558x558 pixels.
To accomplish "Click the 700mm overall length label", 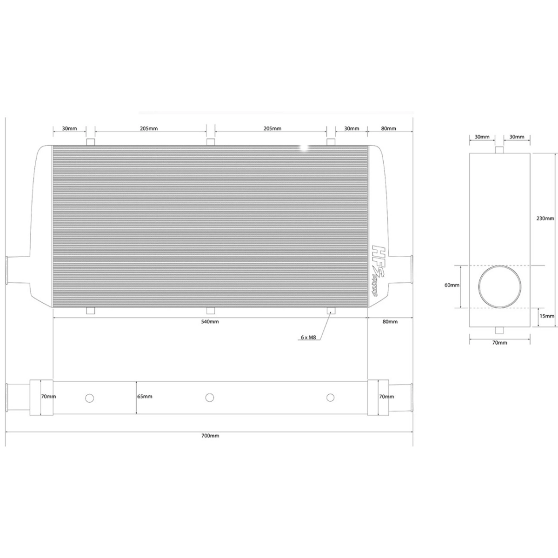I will pos(211,436).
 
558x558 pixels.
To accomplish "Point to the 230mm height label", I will pos(545,218).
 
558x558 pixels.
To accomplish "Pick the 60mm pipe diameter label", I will pos(452,285).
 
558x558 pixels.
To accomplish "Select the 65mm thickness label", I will pos(145,397).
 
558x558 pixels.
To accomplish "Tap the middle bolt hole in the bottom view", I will pos(210,397).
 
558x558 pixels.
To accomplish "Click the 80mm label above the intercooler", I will pos(389,128).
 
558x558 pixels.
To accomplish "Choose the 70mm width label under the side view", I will pos(499,343).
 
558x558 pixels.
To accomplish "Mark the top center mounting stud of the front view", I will pos(211,142).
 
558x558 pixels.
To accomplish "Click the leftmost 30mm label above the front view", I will pos(69,128).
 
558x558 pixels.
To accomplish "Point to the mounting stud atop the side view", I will pos(499,150).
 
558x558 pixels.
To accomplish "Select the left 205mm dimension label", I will pos(149,128).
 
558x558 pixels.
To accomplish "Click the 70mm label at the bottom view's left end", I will pos(48,397).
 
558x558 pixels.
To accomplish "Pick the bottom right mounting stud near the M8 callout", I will pos(331,310).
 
